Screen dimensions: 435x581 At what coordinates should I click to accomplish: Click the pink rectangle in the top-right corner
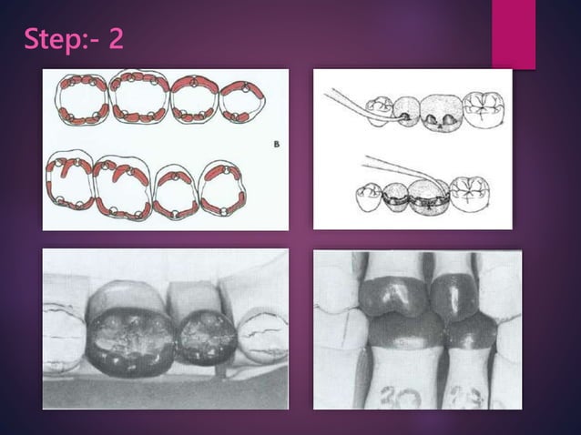coord(514,33)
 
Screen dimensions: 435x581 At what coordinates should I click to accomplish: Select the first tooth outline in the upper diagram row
coord(83,100)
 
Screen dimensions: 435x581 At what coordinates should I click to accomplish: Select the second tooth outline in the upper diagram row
coord(139,97)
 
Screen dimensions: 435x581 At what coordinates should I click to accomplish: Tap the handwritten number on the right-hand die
coord(464,394)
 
